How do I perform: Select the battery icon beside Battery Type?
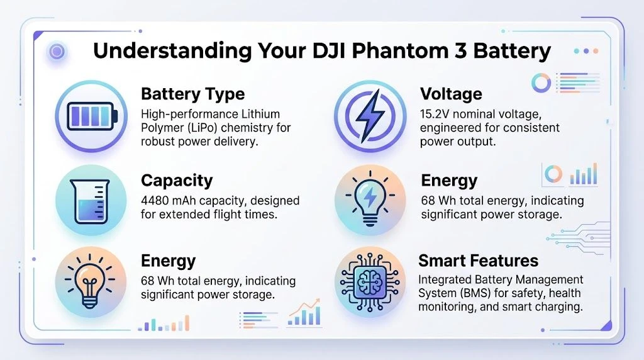pos(92,116)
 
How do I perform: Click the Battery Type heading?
pos(192,94)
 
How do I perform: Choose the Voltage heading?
pos(450,94)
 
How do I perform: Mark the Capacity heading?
pos(177,181)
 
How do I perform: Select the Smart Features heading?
pos(478,261)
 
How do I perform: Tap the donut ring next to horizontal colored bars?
pos(541,82)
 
